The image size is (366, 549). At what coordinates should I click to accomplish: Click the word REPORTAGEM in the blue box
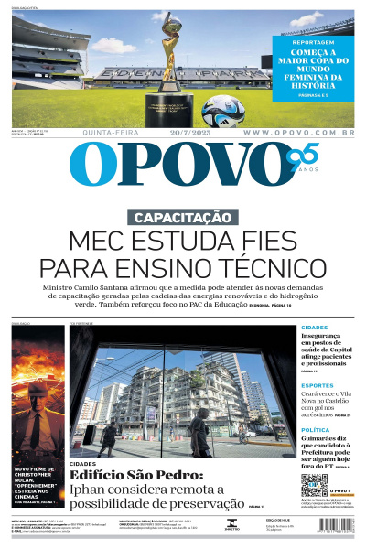312,42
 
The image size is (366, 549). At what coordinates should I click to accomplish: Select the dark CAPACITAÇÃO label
183,218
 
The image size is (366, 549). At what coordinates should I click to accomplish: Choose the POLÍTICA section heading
315,429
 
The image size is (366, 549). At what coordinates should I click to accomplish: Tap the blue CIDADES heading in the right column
315,328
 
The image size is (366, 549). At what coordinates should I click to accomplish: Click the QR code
314,487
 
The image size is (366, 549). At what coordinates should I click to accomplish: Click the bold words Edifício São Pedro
135,476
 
